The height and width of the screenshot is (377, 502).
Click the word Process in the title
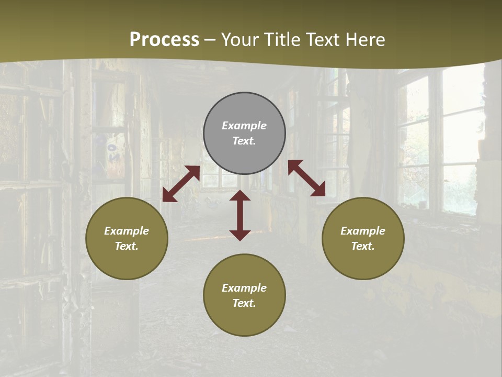pyautogui.click(x=164, y=40)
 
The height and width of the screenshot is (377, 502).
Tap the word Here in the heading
pyautogui.click(x=363, y=40)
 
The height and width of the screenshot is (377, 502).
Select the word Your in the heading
pyautogui.click(x=241, y=40)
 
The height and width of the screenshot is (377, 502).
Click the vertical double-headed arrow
pyautogui.click(x=240, y=215)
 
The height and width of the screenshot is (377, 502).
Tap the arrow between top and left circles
pyautogui.click(x=181, y=184)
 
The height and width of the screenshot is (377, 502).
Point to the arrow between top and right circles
pyautogui.click(x=307, y=178)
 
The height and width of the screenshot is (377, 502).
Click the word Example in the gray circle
pyautogui.click(x=244, y=126)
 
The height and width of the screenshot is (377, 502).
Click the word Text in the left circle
pyautogui.click(x=127, y=246)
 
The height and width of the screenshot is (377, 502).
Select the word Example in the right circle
pyautogui.click(x=363, y=231)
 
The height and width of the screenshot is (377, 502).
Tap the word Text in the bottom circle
pyautogui.click(x=244, y=303)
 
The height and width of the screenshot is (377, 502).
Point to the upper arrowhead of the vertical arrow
pyautogui.click(x=240, y=196)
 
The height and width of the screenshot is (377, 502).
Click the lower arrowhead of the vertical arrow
pyautogui.click(x=240, y=235)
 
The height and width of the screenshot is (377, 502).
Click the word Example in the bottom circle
pyautogui.click(x=244, y=288)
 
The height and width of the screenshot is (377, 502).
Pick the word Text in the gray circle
pyautogui.click(x=244, y=141)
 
